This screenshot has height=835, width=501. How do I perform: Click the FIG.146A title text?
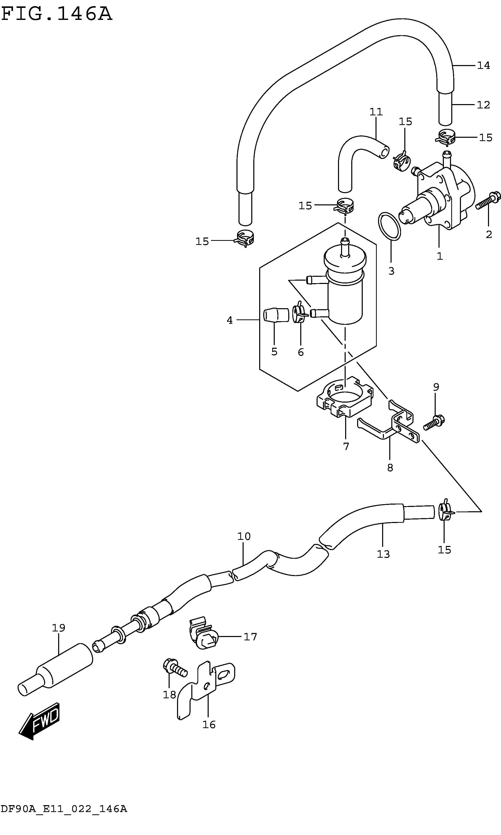pyautogui.click(x=56, y=14)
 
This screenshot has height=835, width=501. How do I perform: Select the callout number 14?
pyautogui.click(x=483, y=66)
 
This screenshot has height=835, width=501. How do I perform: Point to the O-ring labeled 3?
pyautogui.click(x=389, y=226)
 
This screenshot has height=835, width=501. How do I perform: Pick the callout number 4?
pyautogui.click(x=230, y=320)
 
